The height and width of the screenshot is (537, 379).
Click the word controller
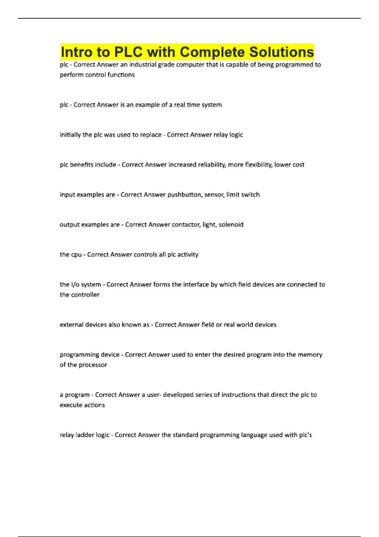(84, 295)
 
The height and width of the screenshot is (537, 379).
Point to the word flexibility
(258, 165)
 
